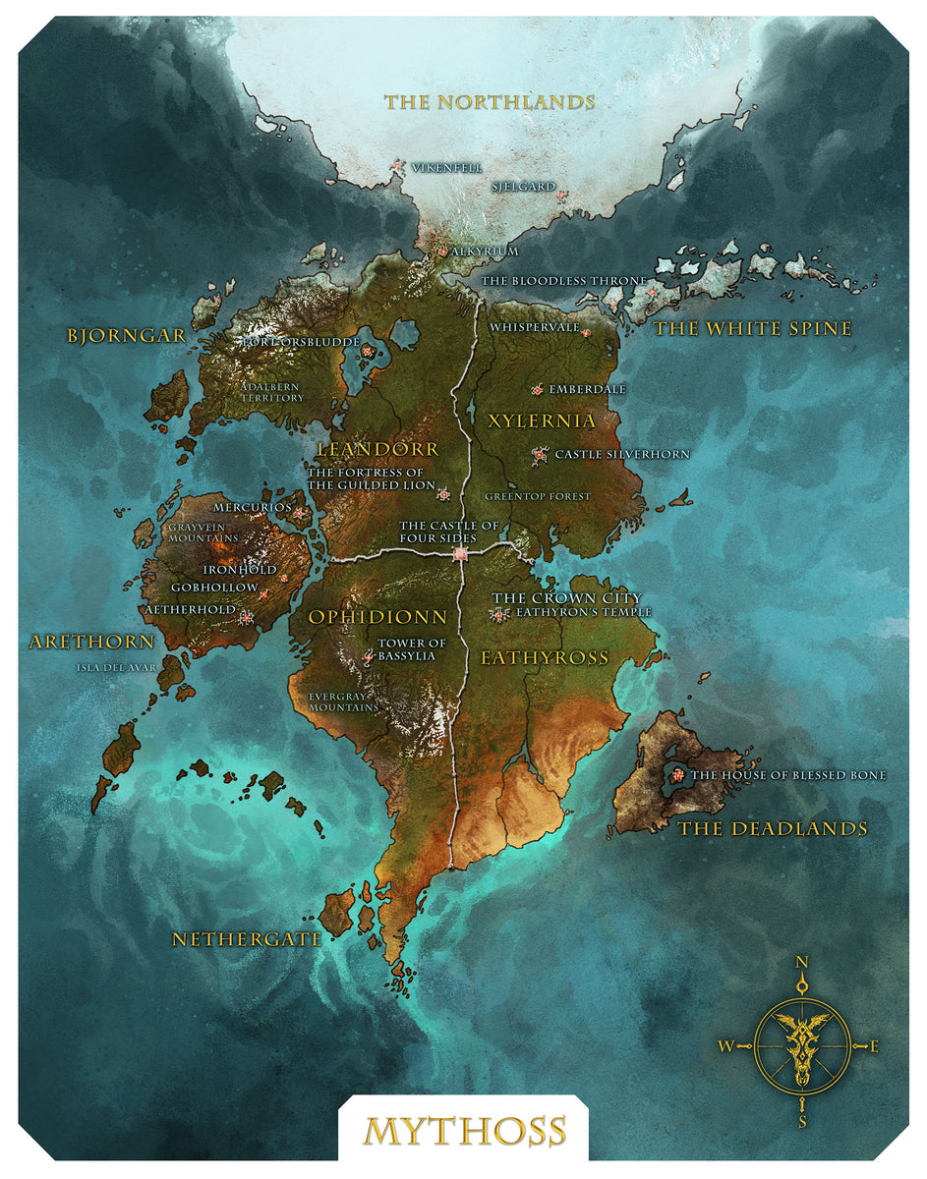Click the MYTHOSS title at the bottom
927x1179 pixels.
coord(465,1131)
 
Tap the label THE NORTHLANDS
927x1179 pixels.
coord(490,101)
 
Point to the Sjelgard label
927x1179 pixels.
coord(523,187)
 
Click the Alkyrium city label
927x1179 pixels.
coord(485,252)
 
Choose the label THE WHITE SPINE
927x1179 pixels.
coord(753,329)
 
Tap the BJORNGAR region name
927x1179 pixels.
coord(127,335)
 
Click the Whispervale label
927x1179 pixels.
coord(535,327)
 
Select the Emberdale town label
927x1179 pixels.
coord(587,389)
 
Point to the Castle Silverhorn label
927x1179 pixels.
coord(622,454)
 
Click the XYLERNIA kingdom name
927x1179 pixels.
coord(542,421)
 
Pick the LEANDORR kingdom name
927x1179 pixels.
coord(377,448)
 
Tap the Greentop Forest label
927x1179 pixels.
coord(538,496)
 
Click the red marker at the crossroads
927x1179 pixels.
coord(461,555)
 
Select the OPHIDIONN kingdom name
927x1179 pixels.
coord(377,617)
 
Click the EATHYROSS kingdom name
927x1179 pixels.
coord(545,657)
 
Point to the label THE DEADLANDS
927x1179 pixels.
coord(773,828)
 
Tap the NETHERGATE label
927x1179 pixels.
coord(247,939)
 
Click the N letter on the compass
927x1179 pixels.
coord(802,963)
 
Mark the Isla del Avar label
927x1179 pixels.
coord(116,668)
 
